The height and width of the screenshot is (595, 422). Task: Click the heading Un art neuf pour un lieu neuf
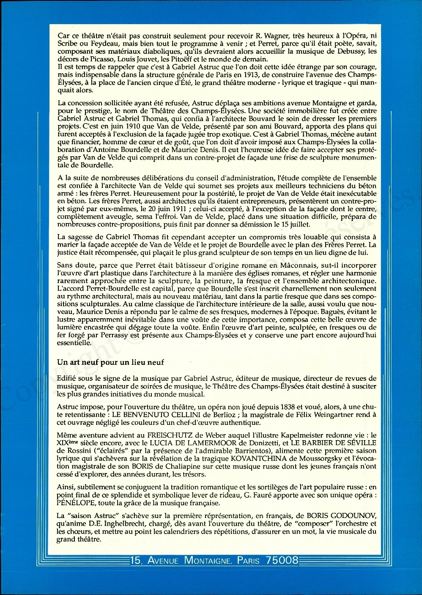pyautogui.click(x=110, y=362)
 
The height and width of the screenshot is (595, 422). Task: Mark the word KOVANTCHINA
pyautogui.click(x=258, y=458)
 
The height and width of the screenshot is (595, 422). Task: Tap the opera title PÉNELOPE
pyautogui.click(x=80, y=503)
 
